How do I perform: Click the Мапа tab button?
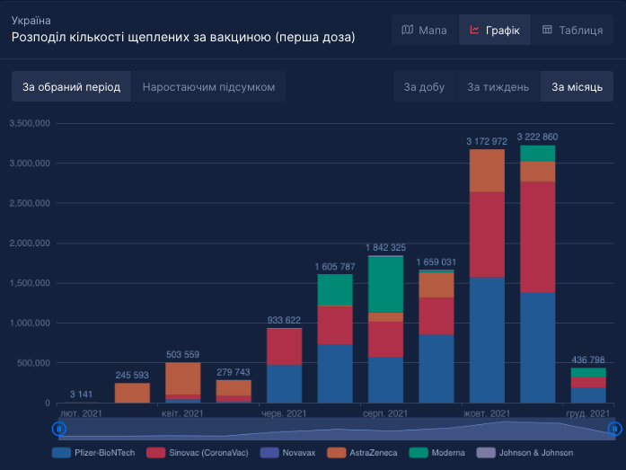424,31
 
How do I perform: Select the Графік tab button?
494,31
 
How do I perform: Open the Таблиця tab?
572,31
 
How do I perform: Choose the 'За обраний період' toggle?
71,87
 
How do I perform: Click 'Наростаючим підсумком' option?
208,87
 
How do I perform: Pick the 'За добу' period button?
424,87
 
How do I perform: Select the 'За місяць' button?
577,87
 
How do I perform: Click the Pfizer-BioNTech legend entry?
94,453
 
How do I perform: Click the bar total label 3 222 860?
537,137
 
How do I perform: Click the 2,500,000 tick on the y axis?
30,203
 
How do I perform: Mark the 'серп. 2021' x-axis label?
384,413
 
